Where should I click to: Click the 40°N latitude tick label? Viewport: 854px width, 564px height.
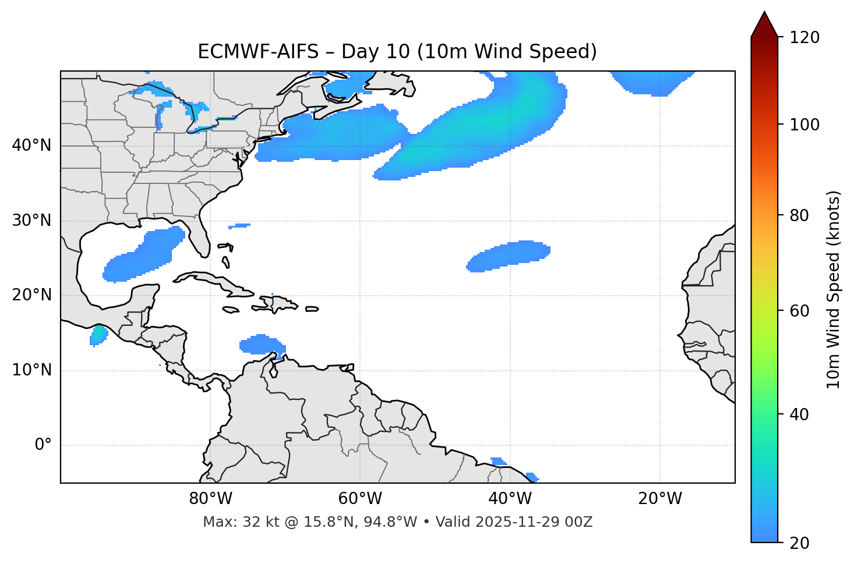click(31, 146)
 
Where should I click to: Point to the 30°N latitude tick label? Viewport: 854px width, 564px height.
click(31, 221)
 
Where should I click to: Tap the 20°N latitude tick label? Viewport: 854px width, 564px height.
click(31, 295)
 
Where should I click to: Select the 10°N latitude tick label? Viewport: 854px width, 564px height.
click(31, 370)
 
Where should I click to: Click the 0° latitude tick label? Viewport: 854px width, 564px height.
click(43, 445)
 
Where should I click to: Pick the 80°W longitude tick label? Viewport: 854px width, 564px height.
click(210, 499)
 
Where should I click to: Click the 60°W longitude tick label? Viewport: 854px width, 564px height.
click(360, 499)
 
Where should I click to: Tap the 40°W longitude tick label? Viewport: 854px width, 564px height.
click(510, 499)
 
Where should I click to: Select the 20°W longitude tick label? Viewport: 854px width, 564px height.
click(660, 499)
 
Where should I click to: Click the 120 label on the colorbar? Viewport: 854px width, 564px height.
click(804, 38)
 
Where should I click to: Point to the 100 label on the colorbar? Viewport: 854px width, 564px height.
click(804, 125)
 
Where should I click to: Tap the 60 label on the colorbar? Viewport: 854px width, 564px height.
click(800, 311)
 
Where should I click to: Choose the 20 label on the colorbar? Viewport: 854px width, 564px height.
click(800, 543)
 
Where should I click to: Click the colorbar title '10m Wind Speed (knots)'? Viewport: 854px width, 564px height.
click(834, 290)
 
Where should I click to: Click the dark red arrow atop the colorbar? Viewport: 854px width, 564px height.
click(764, 24)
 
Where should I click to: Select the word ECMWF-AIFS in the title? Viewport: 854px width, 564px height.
click(258, 52)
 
